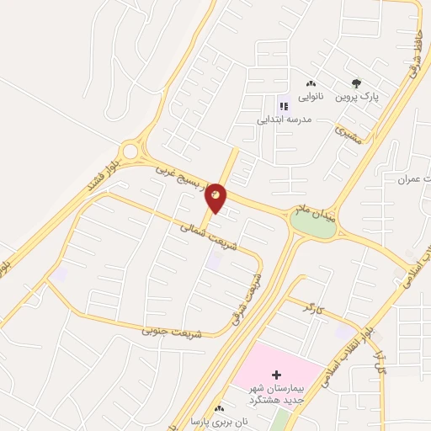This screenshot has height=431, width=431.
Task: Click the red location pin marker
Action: tap(216, 196)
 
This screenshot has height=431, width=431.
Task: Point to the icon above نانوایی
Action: tap(311, 84)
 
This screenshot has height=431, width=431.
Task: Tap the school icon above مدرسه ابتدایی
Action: tap(284, 106)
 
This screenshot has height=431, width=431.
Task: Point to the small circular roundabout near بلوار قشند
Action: tap(130, 152)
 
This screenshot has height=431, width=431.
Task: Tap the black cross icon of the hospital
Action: tap(276, 373)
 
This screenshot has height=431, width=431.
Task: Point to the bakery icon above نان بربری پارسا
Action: tap(220, 407)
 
